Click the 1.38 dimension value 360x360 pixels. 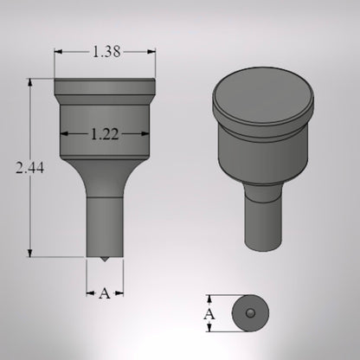[106, 52]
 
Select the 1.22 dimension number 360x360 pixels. [105, 134]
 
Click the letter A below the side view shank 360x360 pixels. [105, 293]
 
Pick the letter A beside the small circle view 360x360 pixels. [209, 313]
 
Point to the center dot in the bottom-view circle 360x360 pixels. [249, 313]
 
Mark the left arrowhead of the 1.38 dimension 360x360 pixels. [58, 52]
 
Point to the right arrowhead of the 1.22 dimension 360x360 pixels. [147, 134]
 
